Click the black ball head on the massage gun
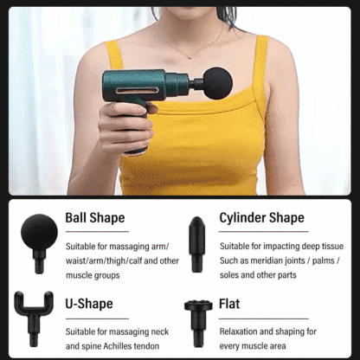pyautogui.click(x=217, y=83)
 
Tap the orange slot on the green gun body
pyautogui.click(x=138, y=91)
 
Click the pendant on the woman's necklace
pyautogui.click(x=190, y=57)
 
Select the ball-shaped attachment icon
pyautogui.click(x=39, y=244)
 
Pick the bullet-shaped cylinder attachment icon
pyautogui.click(x=197, y=244)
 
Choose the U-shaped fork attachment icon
pyautogui.click(x=34, y=318)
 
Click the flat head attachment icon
pyautogui.click(x=198, y=323)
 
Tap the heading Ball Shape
pyautogui.click(x=95, y=218)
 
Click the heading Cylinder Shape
pyautogui.click(x=261, y=218)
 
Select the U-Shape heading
pyautogui.click(x=89, y=304)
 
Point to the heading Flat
pyautogui.click(x=229, y=304)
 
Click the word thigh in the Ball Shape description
pyautogui.click(x=117, y=260)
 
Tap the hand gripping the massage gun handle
pyautogui.click(x=125, y=127)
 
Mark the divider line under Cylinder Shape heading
pyautogui.click(x=264, y=231)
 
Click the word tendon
pyautogui.click(x=148, y=346)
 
